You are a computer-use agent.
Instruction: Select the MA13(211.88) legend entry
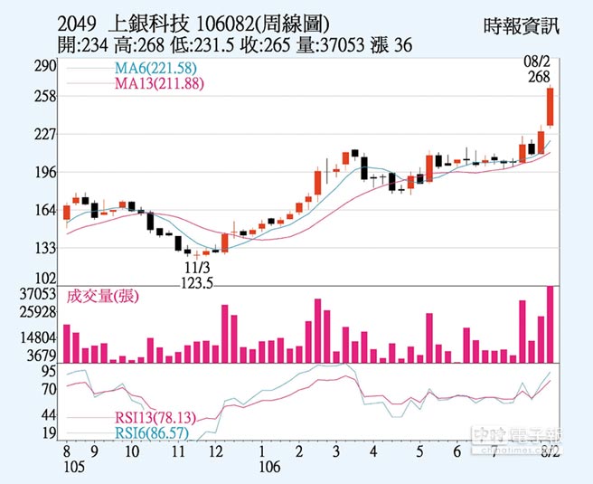click(157, 84)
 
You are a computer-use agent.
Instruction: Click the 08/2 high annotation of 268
click(540, 71)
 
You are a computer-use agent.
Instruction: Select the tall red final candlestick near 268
click(550, 108)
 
